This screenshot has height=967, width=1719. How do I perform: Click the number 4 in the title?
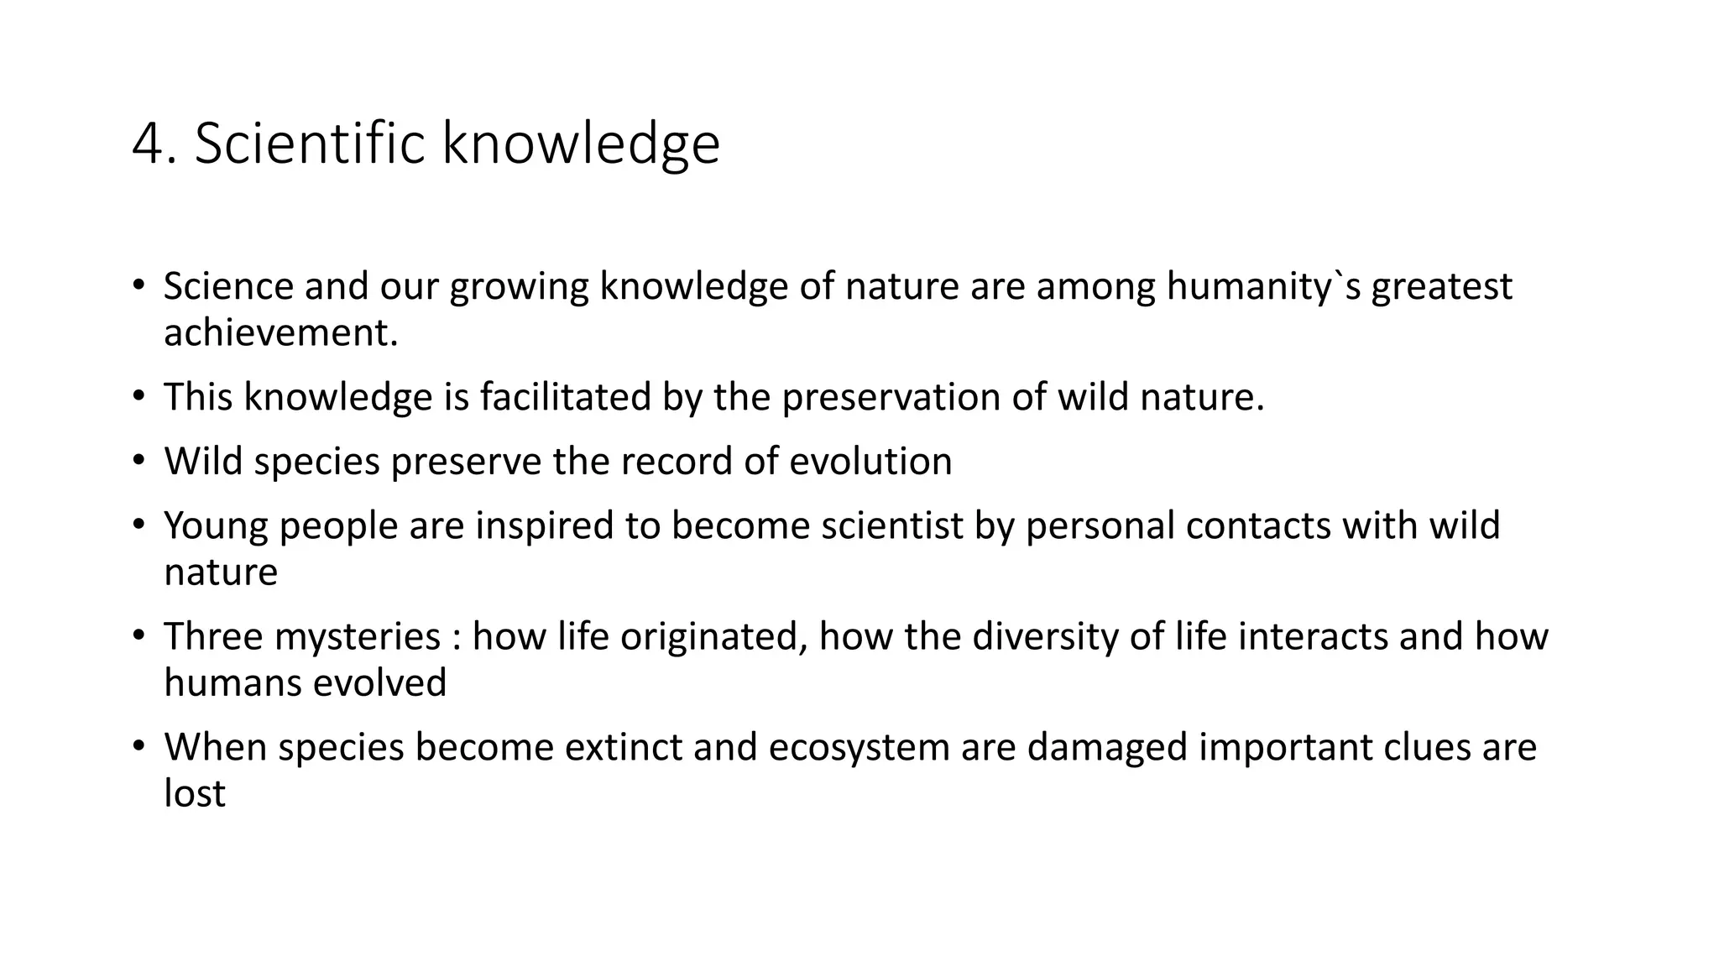[x=149, y=144]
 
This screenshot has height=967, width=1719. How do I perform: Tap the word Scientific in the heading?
[x=310, y=144]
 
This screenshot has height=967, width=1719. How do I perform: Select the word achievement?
[x=280, y=333]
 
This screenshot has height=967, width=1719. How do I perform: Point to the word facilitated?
[x=566, y=397]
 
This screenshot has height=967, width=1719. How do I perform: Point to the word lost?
[x=195, y=794]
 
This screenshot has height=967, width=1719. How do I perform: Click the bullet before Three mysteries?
[x=138, y=635]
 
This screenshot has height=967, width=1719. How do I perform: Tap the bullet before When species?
[x=138, y=745]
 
